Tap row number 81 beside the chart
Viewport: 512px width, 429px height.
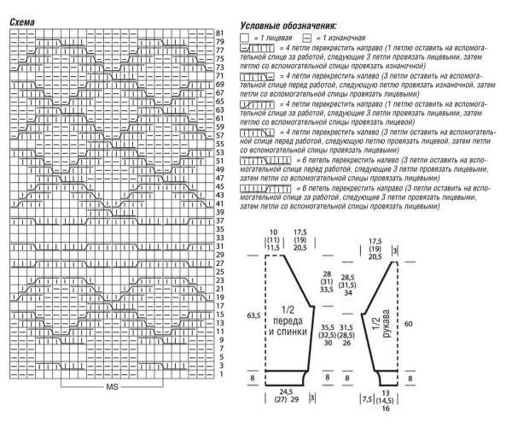(219, 32)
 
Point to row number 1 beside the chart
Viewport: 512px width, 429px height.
(219, 374)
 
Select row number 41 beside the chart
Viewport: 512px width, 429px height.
(219, 203)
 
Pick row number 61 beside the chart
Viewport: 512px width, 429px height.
(219, 118)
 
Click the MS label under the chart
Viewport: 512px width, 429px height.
(111, 387)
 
